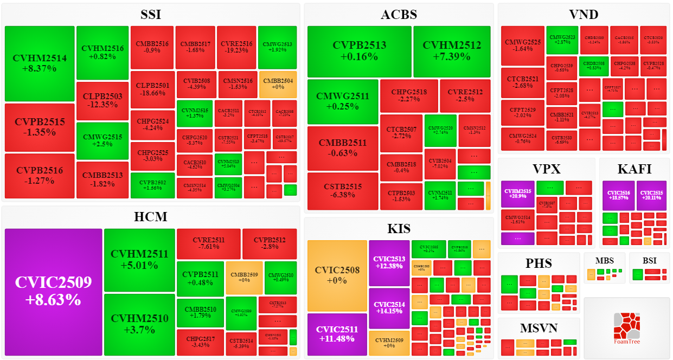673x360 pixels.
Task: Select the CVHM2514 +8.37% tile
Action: tap(40, 63)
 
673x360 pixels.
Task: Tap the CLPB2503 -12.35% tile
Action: tap(102, 100)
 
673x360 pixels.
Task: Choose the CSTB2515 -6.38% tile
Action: tap(343, 191)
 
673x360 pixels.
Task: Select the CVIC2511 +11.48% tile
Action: tap(337, 334)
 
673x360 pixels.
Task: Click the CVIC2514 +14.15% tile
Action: tap(389, 308)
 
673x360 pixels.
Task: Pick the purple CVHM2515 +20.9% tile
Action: tap(517, 194)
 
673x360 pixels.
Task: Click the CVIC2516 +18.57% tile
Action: tap(618, 195)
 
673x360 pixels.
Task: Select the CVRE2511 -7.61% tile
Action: tap(208, 244)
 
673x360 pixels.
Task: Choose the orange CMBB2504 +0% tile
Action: tap(278, 84)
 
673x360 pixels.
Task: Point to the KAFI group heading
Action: tap(634, 169)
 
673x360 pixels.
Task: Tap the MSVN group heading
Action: tap(539, 328)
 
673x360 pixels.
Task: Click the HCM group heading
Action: tap(151, 217)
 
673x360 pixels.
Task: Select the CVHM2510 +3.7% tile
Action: tap(139, 324)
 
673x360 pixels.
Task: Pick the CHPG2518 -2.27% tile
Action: tap(409, 95)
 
